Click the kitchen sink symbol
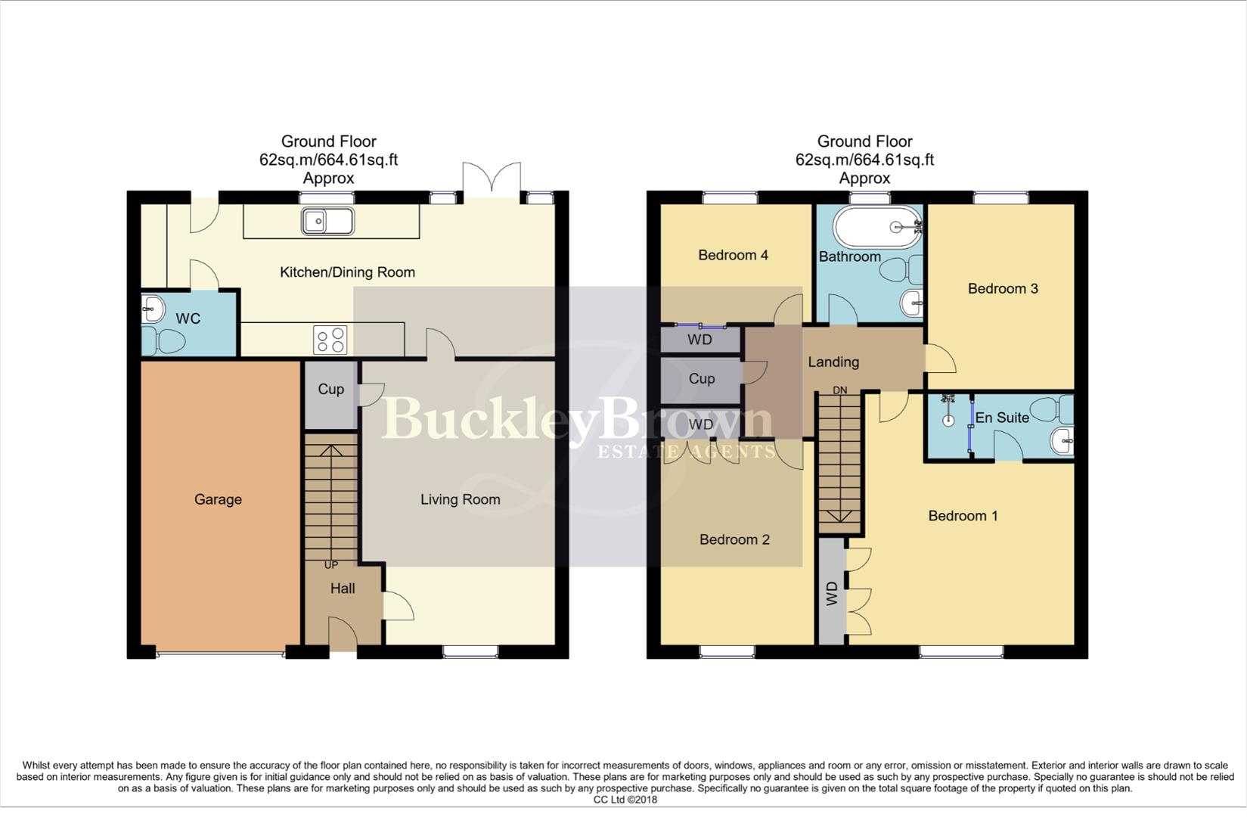(x=327, y=222)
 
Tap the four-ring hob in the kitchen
(x=330, y=340)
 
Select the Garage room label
(x=218, y=499)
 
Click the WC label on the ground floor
(x=188, y=318)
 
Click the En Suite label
(x=1002, y=418)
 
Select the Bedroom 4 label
(x=733, y=255)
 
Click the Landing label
(x=833, y=362)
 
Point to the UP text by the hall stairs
(x=331, y=565)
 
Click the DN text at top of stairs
(x=839, y=390)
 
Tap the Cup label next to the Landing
(x=702, y=379)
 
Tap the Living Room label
(x=460, y=499)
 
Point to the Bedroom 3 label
(x=1003, y=288)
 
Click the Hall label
(x=343, y=589)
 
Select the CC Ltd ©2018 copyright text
(x=625, y=800)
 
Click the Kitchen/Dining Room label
(x=347, y=272)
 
